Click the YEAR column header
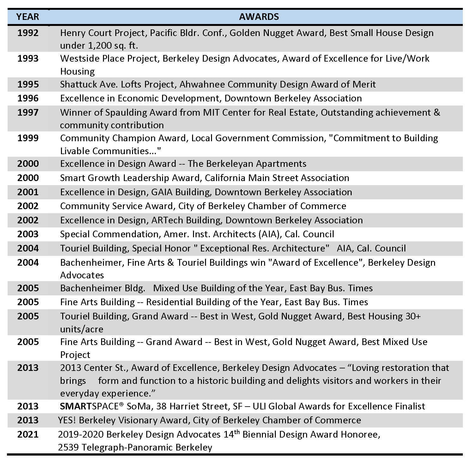[28, 17]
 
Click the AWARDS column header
[259, 17]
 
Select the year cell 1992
[28, 33]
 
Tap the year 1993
[28, 58]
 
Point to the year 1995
[28, 84]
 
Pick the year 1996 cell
[28, 98]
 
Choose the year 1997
[28, 112]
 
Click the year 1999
[28, 138]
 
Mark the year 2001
[28, 192]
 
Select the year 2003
[28, 234]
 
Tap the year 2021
[28, 434]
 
